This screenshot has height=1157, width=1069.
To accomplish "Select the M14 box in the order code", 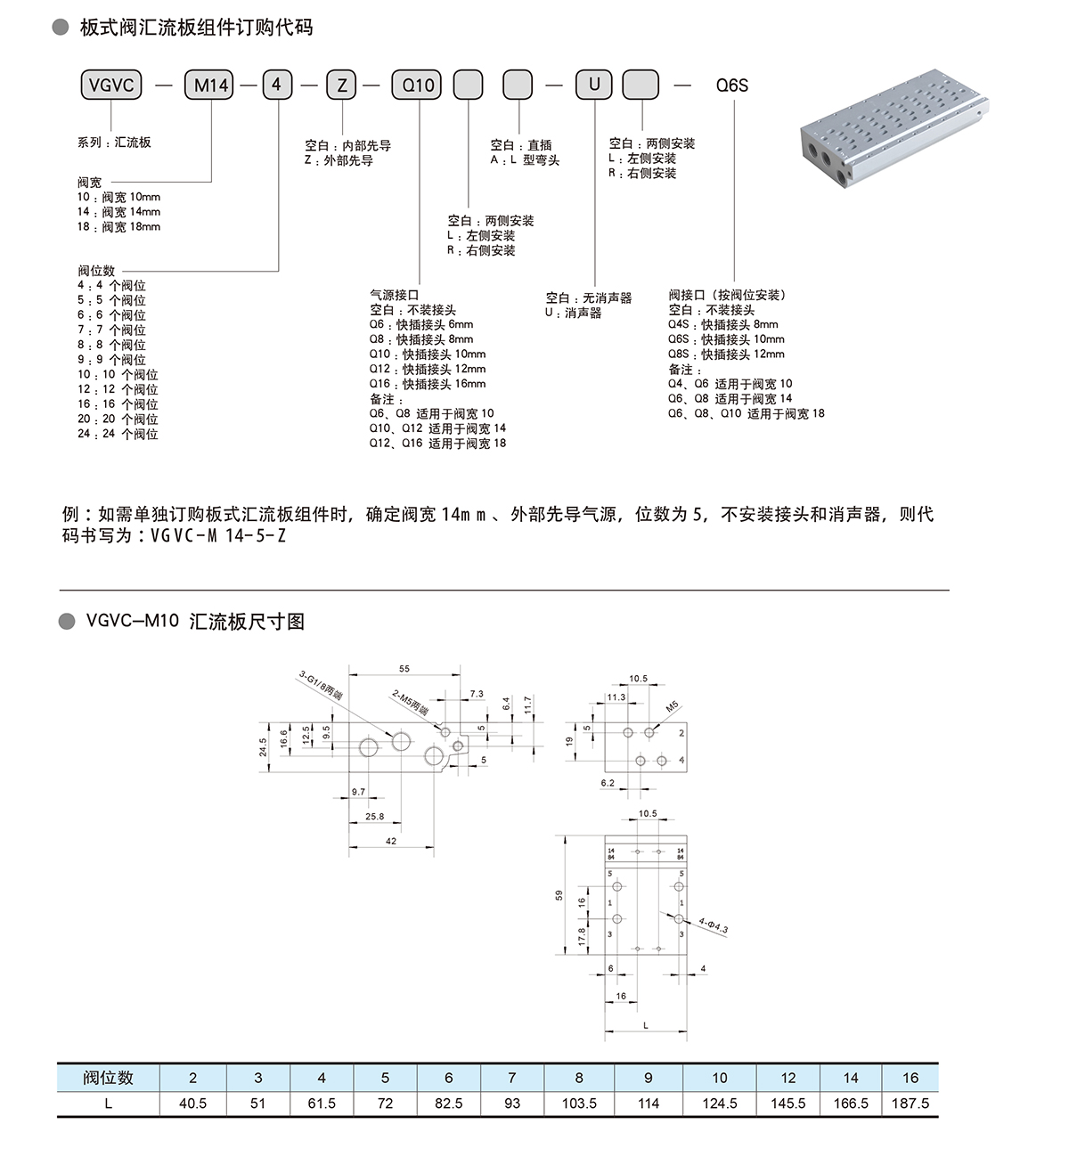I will coord(211,86).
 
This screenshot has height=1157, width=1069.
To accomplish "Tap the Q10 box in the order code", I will coord(419,86).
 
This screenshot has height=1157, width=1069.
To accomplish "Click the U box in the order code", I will coord(595,86).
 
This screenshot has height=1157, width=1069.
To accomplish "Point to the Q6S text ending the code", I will coord(732,86).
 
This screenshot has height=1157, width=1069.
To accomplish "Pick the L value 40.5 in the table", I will coord(192,1103).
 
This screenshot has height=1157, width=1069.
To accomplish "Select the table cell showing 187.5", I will coord(910,1103).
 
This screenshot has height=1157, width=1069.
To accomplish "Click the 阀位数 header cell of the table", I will coord(108,1078).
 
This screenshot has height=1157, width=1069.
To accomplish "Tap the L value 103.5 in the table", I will coord(579,1103).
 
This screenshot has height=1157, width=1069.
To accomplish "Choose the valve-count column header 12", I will coord(788,1078).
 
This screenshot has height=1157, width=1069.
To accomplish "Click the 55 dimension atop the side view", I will coord(404,668).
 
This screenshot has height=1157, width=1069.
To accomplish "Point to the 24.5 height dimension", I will coord(264,746).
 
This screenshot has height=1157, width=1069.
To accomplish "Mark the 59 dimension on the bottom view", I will coord(559,896).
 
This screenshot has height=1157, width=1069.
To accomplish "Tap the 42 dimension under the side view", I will coord(391,841).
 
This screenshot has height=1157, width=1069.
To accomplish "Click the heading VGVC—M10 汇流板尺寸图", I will coord(195,622).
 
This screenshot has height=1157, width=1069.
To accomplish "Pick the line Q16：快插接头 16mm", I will coord(428,384).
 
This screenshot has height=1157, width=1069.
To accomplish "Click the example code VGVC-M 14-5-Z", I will coord(218,535).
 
